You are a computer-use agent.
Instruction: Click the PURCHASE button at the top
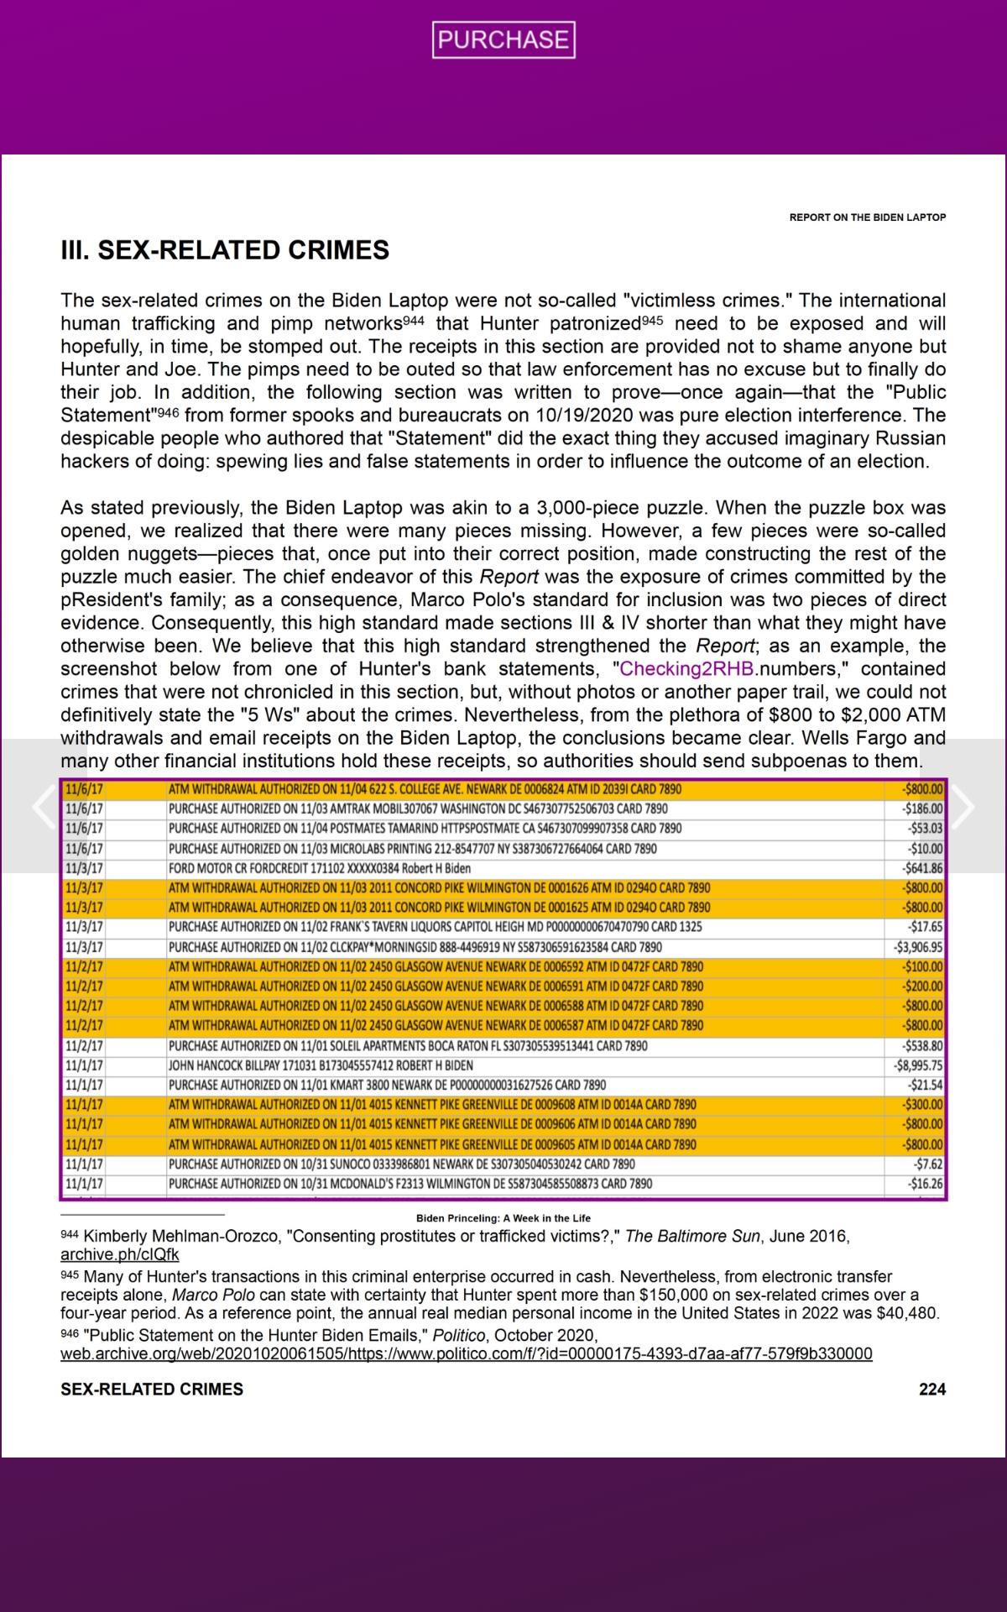(503, 39)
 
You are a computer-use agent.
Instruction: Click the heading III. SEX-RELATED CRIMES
(225, 250)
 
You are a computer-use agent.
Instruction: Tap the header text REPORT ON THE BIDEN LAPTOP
(867, 217)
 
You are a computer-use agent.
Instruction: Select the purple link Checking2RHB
(686, 669)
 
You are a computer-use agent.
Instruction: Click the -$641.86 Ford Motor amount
(922, 868)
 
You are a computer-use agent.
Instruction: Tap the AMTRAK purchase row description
(418, 809)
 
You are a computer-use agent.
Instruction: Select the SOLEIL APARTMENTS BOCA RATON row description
(408, 1046)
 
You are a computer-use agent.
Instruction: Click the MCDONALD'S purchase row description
(410, 1184)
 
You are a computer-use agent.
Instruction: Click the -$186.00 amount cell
(922, 809)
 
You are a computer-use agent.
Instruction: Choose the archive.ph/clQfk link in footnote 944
(119, 1254)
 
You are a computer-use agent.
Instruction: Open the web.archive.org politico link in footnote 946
(466, 1353)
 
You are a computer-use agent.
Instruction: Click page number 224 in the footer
(932, 1390)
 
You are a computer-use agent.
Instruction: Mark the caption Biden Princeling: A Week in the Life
(503, 1218)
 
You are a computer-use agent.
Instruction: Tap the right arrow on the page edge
(962, 807)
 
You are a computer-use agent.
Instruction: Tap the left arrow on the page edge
(44, 807)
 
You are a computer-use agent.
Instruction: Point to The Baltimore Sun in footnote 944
(692, 1236)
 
